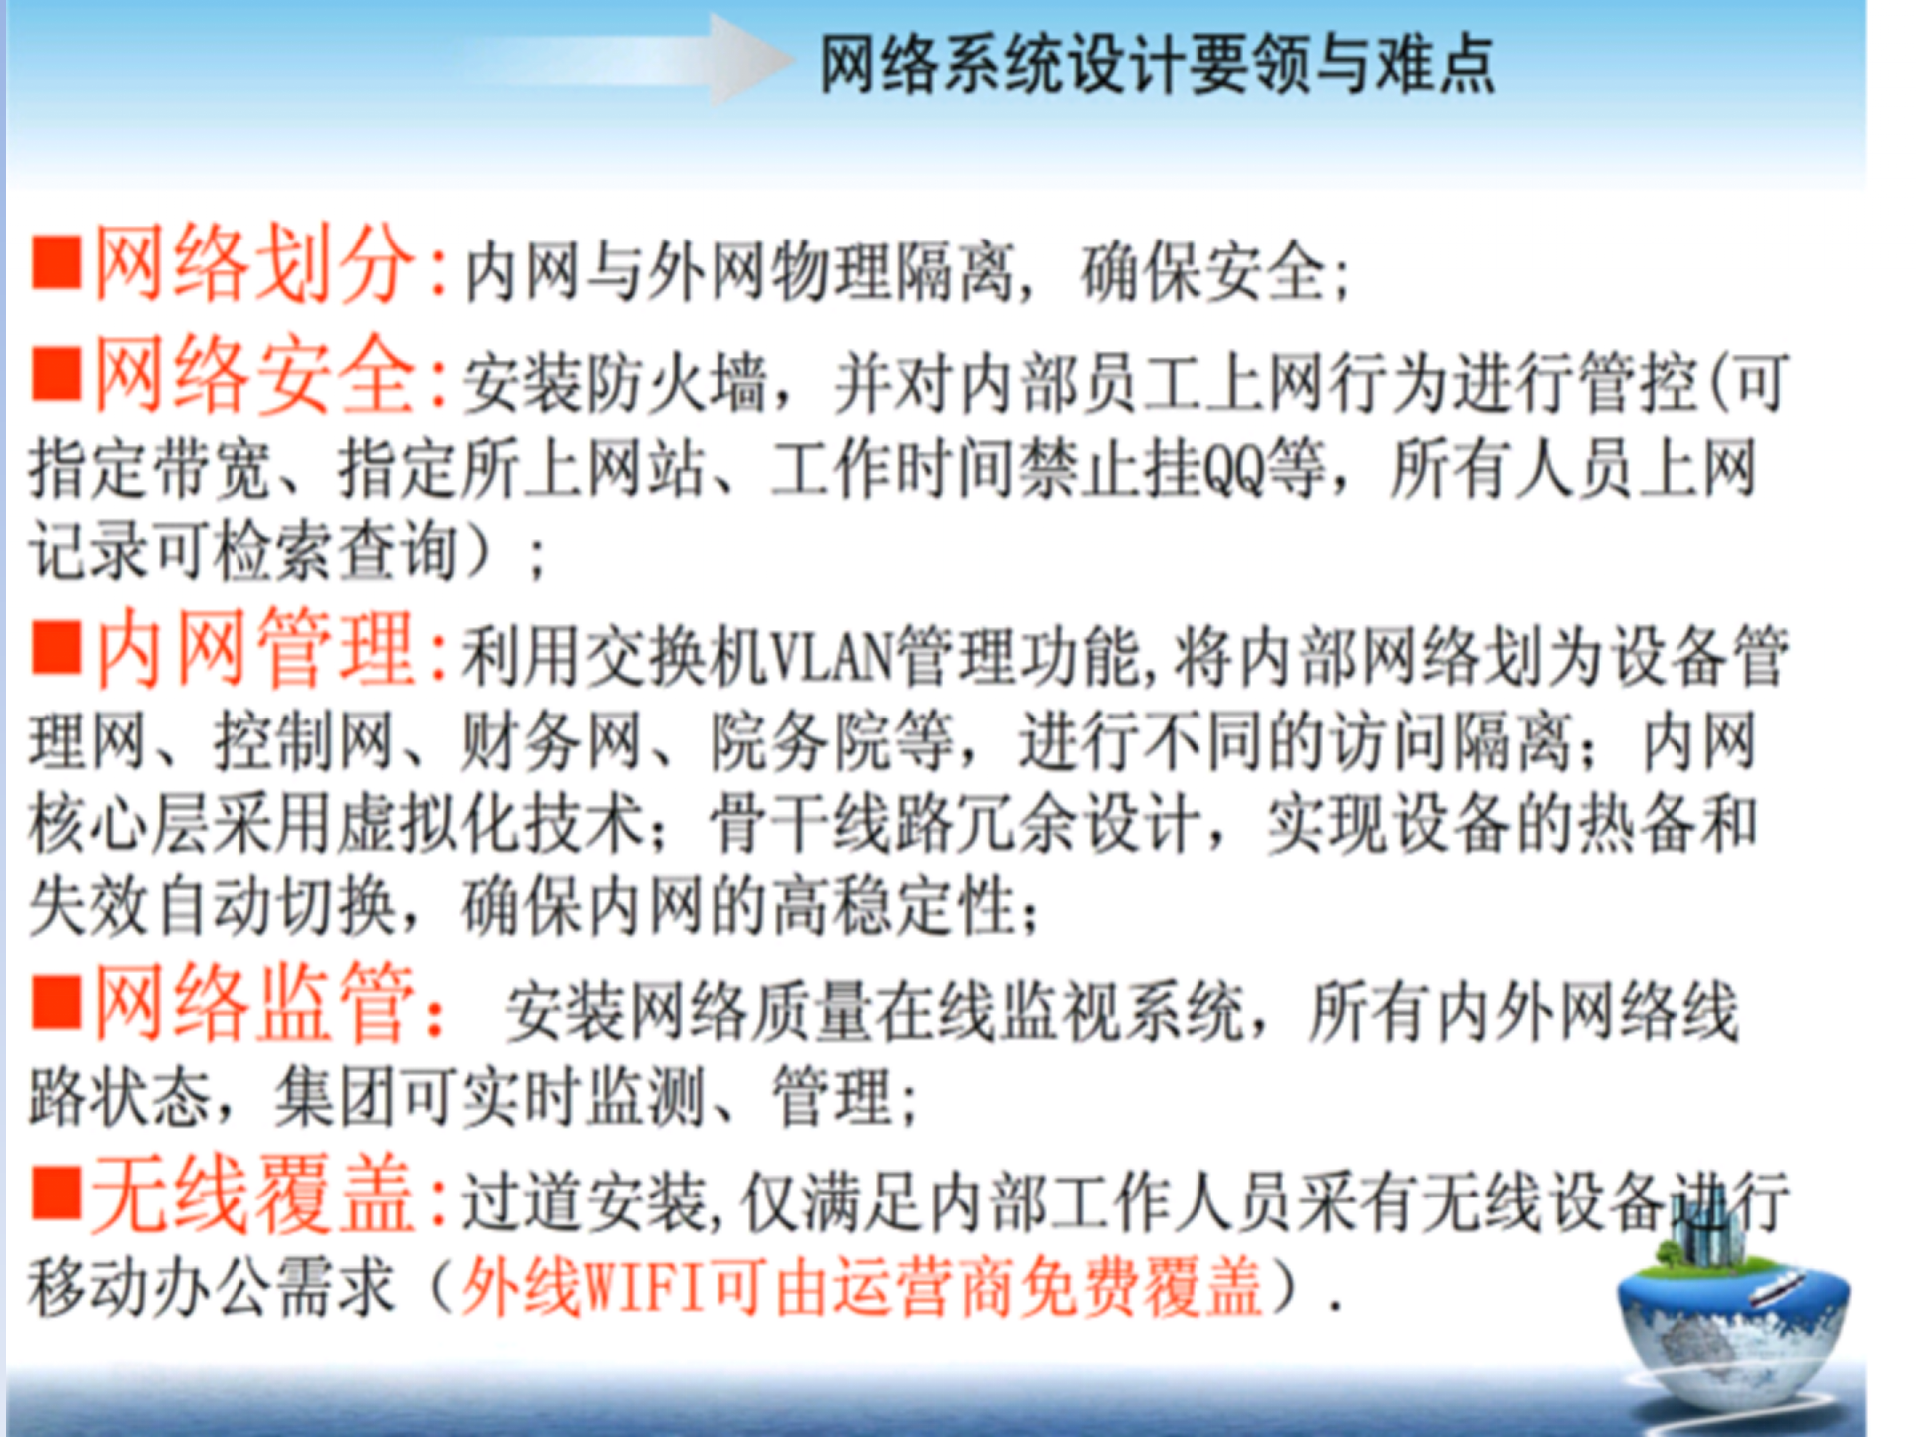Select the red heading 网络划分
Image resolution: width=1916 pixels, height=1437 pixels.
click(x=253, y=264)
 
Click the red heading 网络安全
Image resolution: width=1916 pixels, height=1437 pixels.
click(x=253, y=376)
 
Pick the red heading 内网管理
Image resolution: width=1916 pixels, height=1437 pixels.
click(x=255, y=650)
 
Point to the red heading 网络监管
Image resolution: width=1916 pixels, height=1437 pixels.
click(x=253, y=1003)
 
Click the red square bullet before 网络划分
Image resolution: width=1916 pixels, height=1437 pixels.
click(x=56, y=263)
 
